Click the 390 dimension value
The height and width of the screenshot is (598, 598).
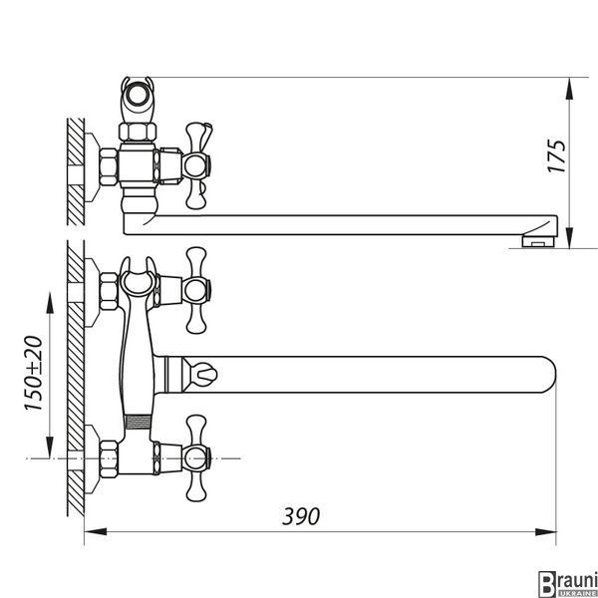(301, 516)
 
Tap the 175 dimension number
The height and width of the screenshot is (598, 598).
(557, 156)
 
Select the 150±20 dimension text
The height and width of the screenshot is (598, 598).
(33, 374)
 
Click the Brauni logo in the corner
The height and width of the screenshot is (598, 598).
(567, 583)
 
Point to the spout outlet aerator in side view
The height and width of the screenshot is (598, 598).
(538, 241)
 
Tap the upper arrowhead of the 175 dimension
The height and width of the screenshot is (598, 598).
(569, 89)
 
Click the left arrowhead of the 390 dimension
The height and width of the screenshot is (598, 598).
(96, 531)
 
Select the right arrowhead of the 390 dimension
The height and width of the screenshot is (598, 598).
(545, 531)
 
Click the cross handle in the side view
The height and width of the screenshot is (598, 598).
(197, 165)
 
